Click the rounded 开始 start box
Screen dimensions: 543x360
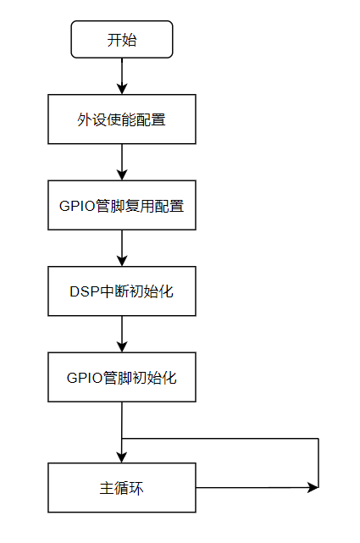(x=122, y=40)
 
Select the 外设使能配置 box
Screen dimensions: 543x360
(x=122, y=119)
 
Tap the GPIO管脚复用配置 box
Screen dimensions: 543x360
(x=122, y=206)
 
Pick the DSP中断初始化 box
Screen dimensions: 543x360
(x=122, y=291)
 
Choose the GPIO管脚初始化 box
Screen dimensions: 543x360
(x=122, y=377)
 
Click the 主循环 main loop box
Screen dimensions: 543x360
(x=122, y=488)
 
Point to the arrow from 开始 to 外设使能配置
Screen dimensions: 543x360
(x=122, y=75)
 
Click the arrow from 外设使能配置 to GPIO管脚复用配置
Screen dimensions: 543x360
(x=122, y=162)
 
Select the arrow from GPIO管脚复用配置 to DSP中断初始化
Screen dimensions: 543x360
(x=122, y=248)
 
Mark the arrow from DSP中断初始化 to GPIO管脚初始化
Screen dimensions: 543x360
(x=122, y=335)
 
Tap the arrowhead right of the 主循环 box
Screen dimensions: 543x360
(x=314, y=488)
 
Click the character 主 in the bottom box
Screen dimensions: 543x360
(x=105, y=489)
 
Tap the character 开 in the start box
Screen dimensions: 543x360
(x=114, y=40)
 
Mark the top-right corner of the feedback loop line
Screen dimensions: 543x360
(x=318, y=439)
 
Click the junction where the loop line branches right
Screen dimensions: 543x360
(x=122, y=439)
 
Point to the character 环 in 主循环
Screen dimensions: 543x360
(x=138, y=489)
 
